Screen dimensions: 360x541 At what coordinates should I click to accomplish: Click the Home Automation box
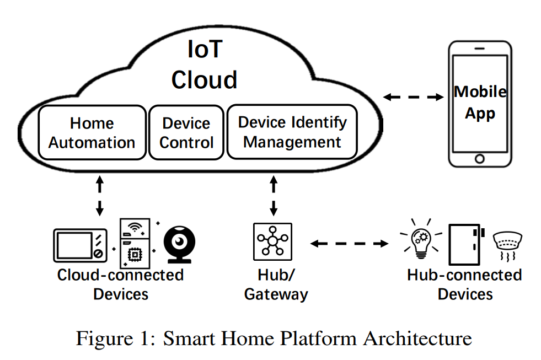[92, 133]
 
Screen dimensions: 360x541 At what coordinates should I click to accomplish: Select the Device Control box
[186, 133]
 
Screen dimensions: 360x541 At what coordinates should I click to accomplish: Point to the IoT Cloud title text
[204, 65]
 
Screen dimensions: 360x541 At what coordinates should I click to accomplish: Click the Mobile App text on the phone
[480, 103]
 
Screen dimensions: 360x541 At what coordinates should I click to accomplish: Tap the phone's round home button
[480, 158]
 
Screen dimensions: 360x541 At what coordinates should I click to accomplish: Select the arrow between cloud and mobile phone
[414, 98]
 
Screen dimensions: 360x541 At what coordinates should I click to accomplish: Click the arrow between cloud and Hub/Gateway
[274, 196]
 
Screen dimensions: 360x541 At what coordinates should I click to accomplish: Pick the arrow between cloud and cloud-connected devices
[100, 196]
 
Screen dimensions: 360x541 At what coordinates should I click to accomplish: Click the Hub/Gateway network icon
[273, 241]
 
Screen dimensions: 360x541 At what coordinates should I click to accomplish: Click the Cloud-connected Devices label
[120, 284]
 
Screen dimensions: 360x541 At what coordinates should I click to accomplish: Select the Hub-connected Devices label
[464, 284]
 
